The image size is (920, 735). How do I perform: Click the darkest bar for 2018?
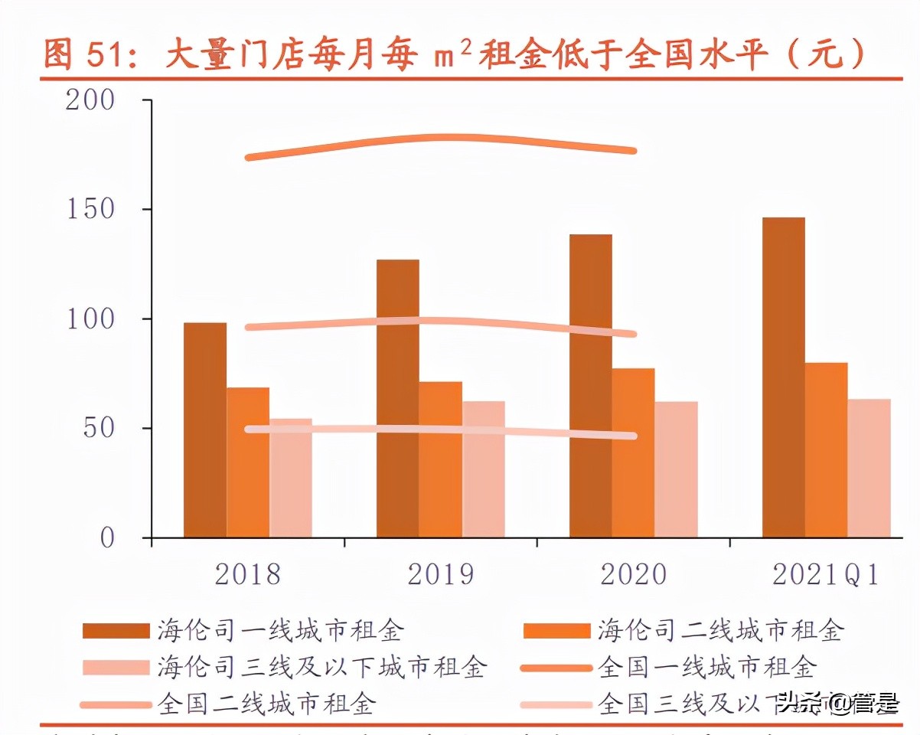205,430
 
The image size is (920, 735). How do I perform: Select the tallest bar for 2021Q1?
783,377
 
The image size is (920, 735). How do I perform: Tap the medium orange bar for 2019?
440,459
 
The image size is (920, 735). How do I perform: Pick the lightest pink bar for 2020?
676,469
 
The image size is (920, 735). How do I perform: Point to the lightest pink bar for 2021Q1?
869,468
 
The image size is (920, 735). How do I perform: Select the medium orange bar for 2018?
248,462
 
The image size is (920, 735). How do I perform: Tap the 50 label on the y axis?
99,429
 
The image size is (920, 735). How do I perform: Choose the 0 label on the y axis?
107,538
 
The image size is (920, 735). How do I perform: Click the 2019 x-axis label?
440,575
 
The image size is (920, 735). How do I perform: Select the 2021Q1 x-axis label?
826,575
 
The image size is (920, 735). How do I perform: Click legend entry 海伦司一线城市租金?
280,631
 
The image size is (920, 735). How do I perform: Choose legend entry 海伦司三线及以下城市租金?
321,667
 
